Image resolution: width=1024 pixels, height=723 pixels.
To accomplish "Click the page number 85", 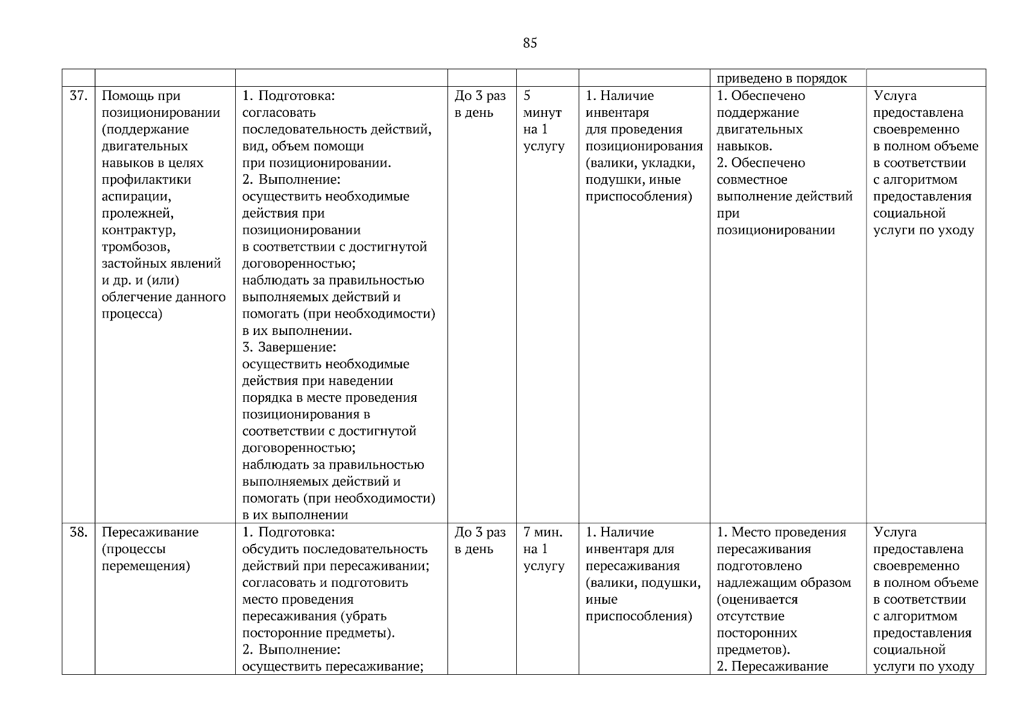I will click(x=530, y=43).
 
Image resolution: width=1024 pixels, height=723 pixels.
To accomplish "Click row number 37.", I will click(x=78, y=96).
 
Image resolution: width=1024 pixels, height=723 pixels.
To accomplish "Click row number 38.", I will click(x=78, y=532).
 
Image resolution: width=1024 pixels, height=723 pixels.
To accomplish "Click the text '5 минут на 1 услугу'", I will click(x=543, y=120).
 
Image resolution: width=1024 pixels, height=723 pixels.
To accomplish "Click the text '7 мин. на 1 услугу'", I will click(x=543, y=549).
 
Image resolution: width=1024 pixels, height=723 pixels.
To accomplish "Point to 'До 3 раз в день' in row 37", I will click(x=480, y=104).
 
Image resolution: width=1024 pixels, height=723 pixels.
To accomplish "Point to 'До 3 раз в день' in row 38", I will click(x=480, y=540).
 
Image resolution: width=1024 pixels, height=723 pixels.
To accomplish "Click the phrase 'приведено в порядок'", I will click(x=782, y=78).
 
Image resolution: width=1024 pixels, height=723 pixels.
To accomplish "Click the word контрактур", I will click(x=139, y=230).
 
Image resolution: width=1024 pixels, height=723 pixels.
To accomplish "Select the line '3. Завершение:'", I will click(x=289, y=348).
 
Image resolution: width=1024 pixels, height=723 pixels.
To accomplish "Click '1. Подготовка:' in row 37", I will click(x=288, y=96).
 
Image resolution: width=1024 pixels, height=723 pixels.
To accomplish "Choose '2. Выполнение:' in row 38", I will click(x=291, y=650).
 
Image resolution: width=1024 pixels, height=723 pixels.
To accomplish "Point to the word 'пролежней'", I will click(x=137, y=213).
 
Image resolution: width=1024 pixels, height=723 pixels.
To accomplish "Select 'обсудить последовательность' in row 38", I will click(x=335, y=549).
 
